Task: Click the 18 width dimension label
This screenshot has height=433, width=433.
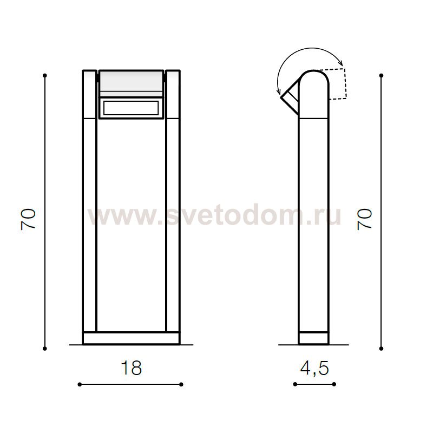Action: pos(132,368)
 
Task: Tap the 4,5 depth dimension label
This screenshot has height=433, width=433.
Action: pos(314,369)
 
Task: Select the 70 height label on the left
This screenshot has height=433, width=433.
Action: pos(28,219)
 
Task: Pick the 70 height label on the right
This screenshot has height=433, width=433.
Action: pos(364,219)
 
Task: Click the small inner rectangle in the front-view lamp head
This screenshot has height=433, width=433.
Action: pos(131,108)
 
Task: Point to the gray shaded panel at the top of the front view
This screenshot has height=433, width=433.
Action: pos(131,84)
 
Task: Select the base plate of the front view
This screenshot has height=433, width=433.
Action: pos(131,338)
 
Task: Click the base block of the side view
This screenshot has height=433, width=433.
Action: pos(314,338)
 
